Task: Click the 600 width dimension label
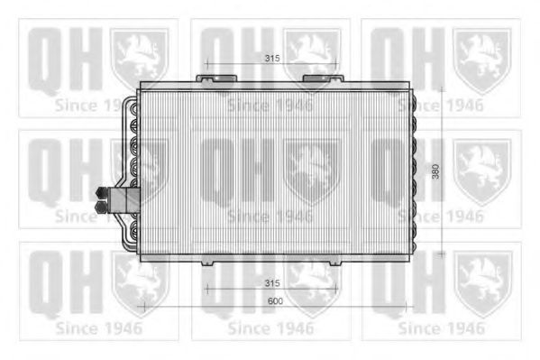pyautogui.click(x=275, y=301)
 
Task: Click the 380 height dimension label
pyautogui.click(x=435, y=171)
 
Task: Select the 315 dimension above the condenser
pyautogui.click(x=272, y=59)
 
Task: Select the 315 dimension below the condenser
pyautogui.click(x=272, y=283)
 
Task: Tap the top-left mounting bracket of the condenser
pyautogui.click(x=216, y=78)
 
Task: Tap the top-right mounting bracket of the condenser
pyautogui.click(x=323, y=78)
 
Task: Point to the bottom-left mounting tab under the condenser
pyautogui.click(x=207, y=263)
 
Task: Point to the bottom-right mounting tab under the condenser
pyautogui.click(x=335, y=263)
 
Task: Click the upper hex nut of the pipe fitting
pyautogui.click(x=102, y=192)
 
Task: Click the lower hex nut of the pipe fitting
pyautogui.click(x=101, y=208)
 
